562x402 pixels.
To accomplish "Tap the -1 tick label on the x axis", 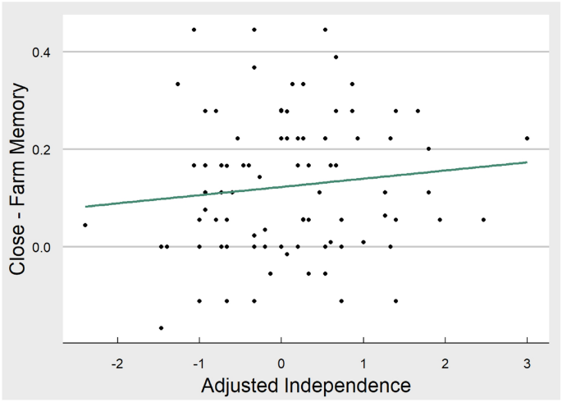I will [199, 363].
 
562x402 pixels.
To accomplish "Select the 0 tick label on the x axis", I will [281, 363].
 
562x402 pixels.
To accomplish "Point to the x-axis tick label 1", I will [363, 363].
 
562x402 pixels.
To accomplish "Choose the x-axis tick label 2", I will [445, 363].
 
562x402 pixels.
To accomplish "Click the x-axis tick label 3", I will [527, 363].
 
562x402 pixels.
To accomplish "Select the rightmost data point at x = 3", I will [527, 138].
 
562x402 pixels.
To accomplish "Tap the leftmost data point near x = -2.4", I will [85, 225].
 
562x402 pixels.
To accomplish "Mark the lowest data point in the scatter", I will [161, 328].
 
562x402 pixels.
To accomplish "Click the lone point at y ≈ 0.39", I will [336, 57].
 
